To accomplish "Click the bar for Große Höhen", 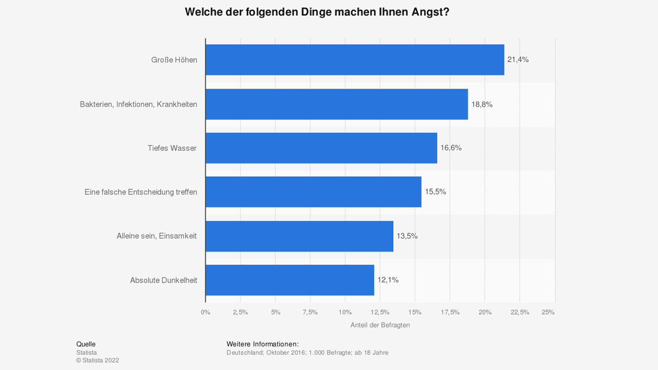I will (x=355, y=59).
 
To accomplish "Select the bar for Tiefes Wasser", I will (x=321, y=148).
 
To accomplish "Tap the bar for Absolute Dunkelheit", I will (x=290, y=280).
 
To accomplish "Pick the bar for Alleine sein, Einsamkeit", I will (x=299, y=236).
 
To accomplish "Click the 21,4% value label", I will (x=518, y=59).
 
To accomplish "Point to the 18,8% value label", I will (x=482, y=105).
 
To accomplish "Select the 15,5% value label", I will (x=435, y=192).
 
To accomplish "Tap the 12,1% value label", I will (x=388, y=280).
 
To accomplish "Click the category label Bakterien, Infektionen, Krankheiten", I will (x=139, y=105).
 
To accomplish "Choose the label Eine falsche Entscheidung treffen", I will (x=141, y=192).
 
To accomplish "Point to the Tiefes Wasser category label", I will (x=172, y=148).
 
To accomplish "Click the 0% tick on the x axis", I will (x=206, y=312).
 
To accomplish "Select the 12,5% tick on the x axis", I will (x=380, y=312).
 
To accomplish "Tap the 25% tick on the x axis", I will (x=548, y=312).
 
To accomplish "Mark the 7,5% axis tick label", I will (x=310, y=312).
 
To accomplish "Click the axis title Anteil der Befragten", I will (x=380, y=325).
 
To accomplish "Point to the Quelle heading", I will (x=86, y=344).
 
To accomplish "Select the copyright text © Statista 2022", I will (x=98, y=361).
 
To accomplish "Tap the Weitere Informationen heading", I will (x=262, y=344).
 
